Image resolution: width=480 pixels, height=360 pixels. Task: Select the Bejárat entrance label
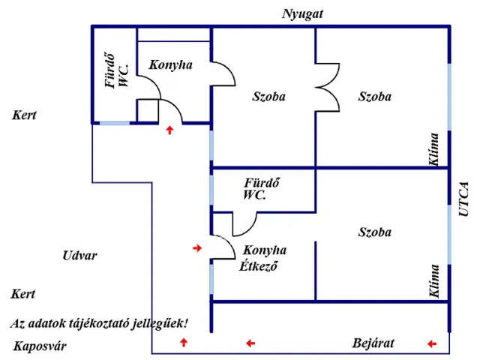pyautogui.click(x=373, y=343)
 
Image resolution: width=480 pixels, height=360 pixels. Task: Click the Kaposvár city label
pyautogui.click(x=40, y=346)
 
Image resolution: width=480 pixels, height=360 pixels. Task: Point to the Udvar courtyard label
pyautogui.click(x=79, y=256)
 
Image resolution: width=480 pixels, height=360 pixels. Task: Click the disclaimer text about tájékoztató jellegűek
pyautogui.click(x=99, y=323)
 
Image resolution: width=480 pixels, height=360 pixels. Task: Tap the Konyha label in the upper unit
pyautogui.click(x=170, y=65)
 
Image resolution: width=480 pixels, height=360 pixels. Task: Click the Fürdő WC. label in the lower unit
pyautogui.click(x=262, y=189)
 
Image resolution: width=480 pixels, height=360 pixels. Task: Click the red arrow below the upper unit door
pyautogui.click(x=170, y=130)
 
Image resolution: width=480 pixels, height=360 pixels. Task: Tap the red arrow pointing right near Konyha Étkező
pyautogui.click(x=197, y=247)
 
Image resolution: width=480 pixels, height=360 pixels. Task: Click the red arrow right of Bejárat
pyautogui.click(x=431, y=343)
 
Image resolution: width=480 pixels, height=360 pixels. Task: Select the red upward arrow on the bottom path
pyautogui.click(x=184, y=343)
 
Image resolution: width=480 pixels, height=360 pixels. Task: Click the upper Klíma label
pyautogui.click(x=434, y=148)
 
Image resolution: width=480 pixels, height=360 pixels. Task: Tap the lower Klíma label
pyautogui.click(x=434, y=281)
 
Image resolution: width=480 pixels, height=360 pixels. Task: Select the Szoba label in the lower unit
pyautogui.click(x=374, y=232)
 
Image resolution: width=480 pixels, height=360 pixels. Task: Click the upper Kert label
pyautogui.click(x=24, y=116)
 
